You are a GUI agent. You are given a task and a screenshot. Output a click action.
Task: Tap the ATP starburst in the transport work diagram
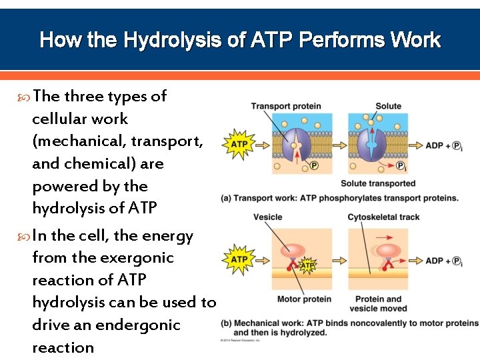pyautogui.click(x=239, y=144)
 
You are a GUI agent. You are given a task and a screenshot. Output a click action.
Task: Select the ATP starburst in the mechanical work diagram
pyautogui.click(x=239, y=259)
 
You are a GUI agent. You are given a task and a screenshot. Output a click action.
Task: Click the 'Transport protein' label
pyautogui.click(x=285, y=106)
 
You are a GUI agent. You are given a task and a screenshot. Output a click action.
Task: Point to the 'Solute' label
pyautogui.click(x=388, y=106)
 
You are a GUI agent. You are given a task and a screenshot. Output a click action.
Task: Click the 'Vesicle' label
pyautogui.click(x=268, y=217)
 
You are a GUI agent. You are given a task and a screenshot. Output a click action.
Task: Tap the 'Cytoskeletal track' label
pyautogui.click(x=383, y=217)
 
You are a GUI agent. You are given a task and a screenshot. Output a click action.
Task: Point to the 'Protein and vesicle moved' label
pyautogui.click(x=378, y=303)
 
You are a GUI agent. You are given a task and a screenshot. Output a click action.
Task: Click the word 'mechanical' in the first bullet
pyautogui.click(x=78, y=141)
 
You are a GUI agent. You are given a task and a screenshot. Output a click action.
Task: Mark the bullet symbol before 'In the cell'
pyautogui.click(x=25, y=237)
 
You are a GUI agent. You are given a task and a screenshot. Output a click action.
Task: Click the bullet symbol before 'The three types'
pyautogui.click(x=25, y=97)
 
